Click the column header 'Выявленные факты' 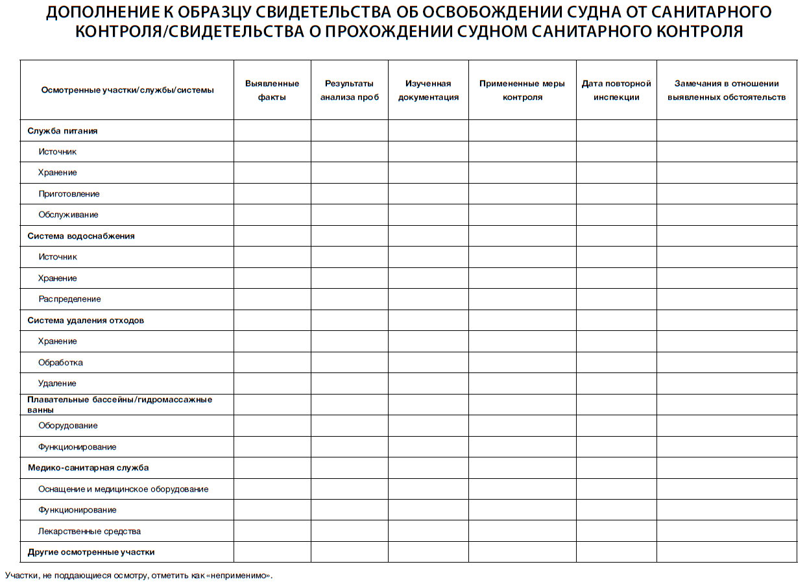point(272,90)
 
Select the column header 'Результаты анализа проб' point(349,90)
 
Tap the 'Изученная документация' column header point(428,90)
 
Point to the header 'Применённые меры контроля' point(522,90)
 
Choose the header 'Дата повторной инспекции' point(616,90)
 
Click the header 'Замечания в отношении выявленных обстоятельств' point(727,90)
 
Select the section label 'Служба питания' point(62,130)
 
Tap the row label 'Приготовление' point(69,194)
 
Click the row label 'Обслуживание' point(68,215)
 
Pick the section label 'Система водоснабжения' point(81,236)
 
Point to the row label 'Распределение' point(69,299)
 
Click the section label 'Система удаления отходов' point(86,321)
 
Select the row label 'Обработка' point(60,363)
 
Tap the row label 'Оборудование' point(68,426)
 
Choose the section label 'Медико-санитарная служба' point(88,468)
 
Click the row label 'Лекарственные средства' point(90,531)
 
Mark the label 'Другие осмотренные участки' point(91,552)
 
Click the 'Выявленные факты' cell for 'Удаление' point(272,383)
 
